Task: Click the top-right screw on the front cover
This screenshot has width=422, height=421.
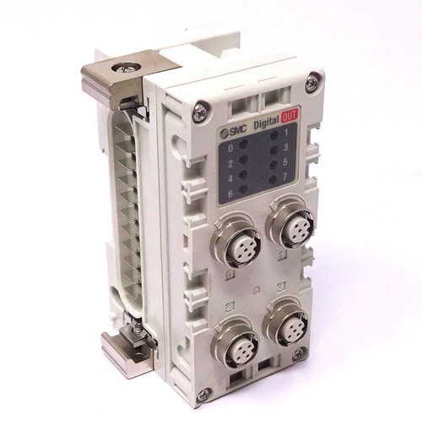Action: coord(311,82)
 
